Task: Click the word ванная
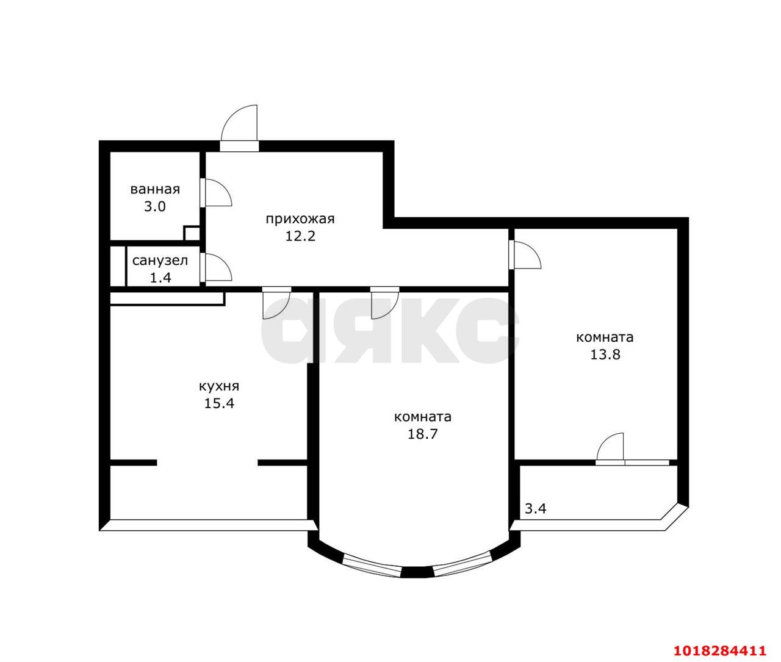click(155, 189)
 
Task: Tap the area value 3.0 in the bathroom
click(155, 207)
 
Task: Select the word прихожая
click(300, 219)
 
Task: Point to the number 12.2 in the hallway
click(300, 236)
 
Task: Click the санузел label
click(160, 261)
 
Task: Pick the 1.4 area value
click(160, 278)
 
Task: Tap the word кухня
click(219, 386)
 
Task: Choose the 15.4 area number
click(219, 403)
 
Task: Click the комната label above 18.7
click(422, 417)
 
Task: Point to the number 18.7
click(422, 434)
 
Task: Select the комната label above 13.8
click(605, 337)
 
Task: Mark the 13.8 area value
click(605, 355)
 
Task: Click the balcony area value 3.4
click(535, 509)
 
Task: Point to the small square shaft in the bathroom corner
click(192, 232)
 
